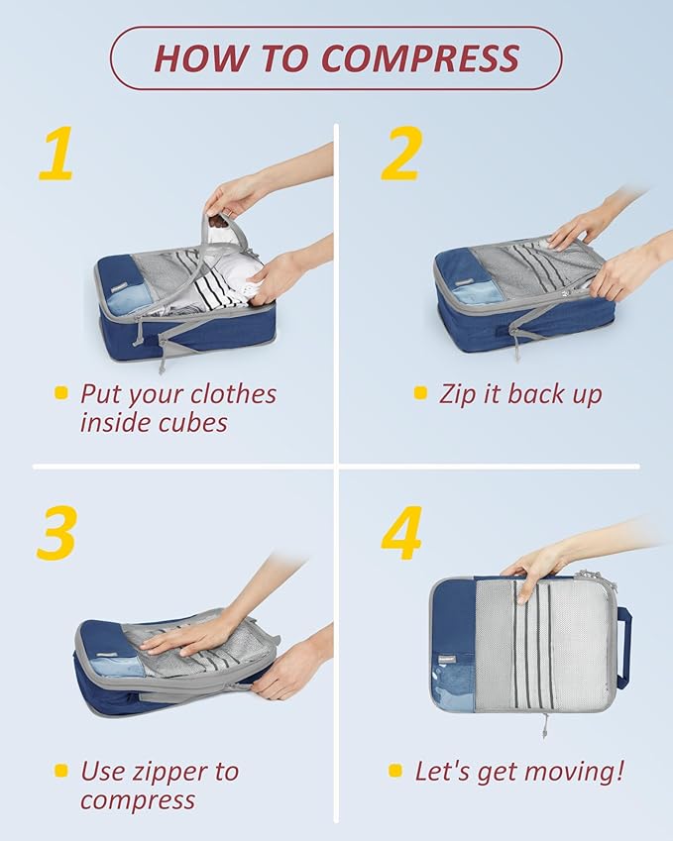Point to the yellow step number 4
tap(402, 535)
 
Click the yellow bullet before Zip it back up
tap(420, 393)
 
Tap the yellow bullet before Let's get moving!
tap(395, 771)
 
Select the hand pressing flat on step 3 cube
tap(188, 634)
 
